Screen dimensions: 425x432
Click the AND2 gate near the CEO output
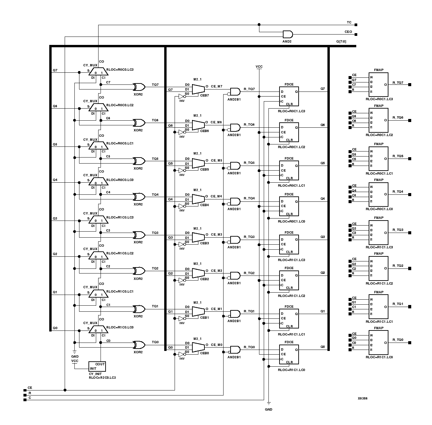coord(288,34)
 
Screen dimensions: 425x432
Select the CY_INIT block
coord(97,366)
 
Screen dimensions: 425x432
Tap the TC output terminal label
coord(349,22)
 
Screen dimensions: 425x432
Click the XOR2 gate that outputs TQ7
coord(139,87)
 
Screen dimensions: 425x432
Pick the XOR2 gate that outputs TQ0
coord(139,345)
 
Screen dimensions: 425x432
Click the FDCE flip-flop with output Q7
coord(289,96)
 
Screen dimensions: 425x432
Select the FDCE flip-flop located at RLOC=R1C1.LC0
coord(289,354)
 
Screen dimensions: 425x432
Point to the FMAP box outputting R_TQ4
coord(378,194)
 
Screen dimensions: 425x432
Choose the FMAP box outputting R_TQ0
coord(378,343)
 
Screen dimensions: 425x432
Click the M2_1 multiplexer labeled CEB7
coord(198,89)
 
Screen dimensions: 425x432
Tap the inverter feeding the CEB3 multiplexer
coord(182,242)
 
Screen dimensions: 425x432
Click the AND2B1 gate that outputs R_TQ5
coord(235,166)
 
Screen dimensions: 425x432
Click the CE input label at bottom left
coord(30,387)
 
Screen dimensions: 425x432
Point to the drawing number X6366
coord(362,399)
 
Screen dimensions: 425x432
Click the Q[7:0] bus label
coord(341,42)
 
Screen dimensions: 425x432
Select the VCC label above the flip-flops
coord(259,67)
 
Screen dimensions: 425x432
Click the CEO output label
coord(348,32)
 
